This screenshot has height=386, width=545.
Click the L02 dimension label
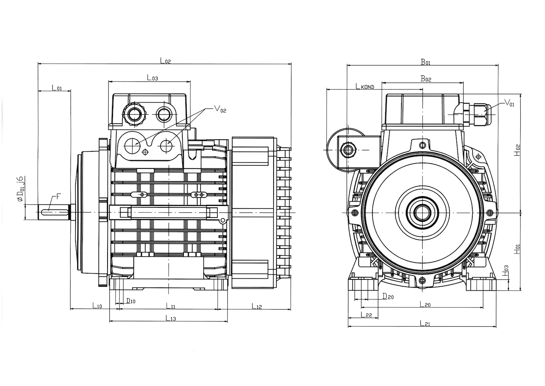click(165, 61)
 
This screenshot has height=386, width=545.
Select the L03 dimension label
click(152, 77)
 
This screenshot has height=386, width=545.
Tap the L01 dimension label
click(57, 88)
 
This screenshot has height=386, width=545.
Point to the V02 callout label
click(220, 108)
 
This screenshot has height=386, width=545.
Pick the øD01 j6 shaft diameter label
click(21, 189)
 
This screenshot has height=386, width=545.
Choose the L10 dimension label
click(97, 306)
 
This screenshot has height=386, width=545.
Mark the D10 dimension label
click(130, 301)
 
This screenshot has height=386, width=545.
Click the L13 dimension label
click(171, 318)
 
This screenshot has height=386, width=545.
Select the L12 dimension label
click(257, 306)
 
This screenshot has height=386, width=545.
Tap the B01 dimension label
click(425, 62)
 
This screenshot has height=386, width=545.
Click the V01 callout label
click(509, 104)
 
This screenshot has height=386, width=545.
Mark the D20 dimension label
click(388, 297)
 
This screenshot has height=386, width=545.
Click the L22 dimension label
click(366, 315)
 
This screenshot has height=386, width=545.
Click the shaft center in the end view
click(422, 212)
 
